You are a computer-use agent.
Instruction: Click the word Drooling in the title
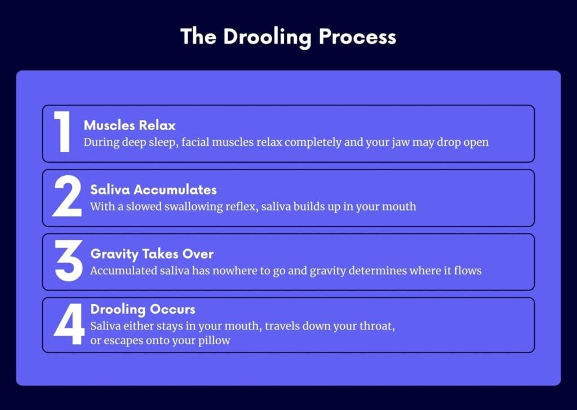click(267, 38)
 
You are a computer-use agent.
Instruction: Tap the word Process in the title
click(357, 37)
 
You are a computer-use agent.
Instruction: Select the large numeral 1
click(62, 132)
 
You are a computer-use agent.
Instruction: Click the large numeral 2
click(67, 196)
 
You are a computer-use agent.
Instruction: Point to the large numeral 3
click(68, 261)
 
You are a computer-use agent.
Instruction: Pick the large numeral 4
click(69, 324)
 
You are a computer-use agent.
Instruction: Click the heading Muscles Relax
click(130, 126)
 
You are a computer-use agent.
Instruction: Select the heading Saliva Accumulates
click(153, 190)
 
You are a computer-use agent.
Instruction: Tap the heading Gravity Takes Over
click(152, 254)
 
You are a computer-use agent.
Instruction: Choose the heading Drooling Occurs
click(143, 310)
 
